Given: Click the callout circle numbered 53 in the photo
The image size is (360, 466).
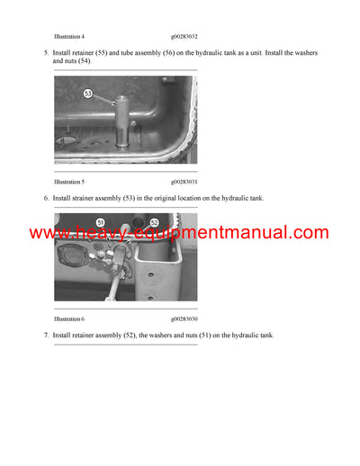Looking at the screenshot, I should click(89, 93).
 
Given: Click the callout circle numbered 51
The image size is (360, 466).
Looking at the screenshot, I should click(100, 222).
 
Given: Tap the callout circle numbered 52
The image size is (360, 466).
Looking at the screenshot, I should click(154, 222).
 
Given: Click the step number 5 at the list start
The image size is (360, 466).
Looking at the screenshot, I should click(46, 53).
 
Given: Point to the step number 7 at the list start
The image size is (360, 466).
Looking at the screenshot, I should click(46, 336).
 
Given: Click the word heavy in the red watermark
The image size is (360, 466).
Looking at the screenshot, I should click(96, 233).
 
